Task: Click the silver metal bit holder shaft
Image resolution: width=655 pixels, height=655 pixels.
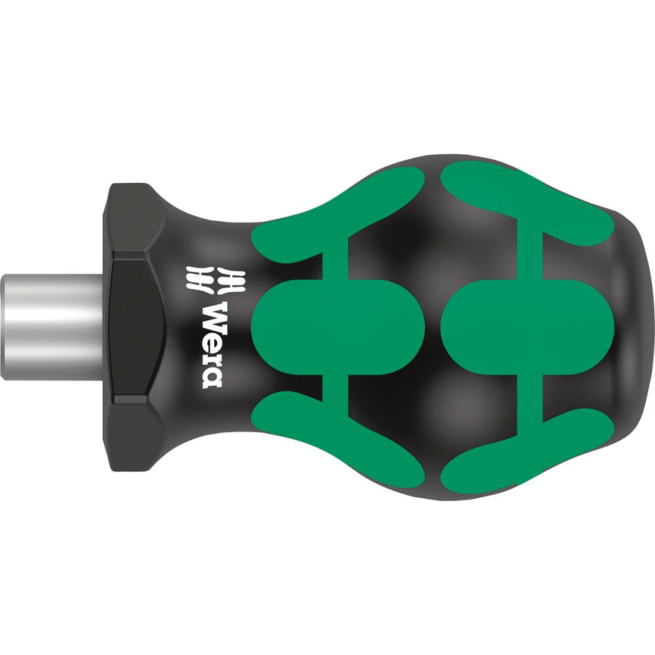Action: (x=52, y=327)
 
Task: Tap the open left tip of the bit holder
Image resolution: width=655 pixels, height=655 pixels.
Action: (x=2, y=327)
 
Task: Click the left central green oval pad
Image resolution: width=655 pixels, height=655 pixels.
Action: (x=337, y=327)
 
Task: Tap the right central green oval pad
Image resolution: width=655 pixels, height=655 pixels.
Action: (x=527, y=327)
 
